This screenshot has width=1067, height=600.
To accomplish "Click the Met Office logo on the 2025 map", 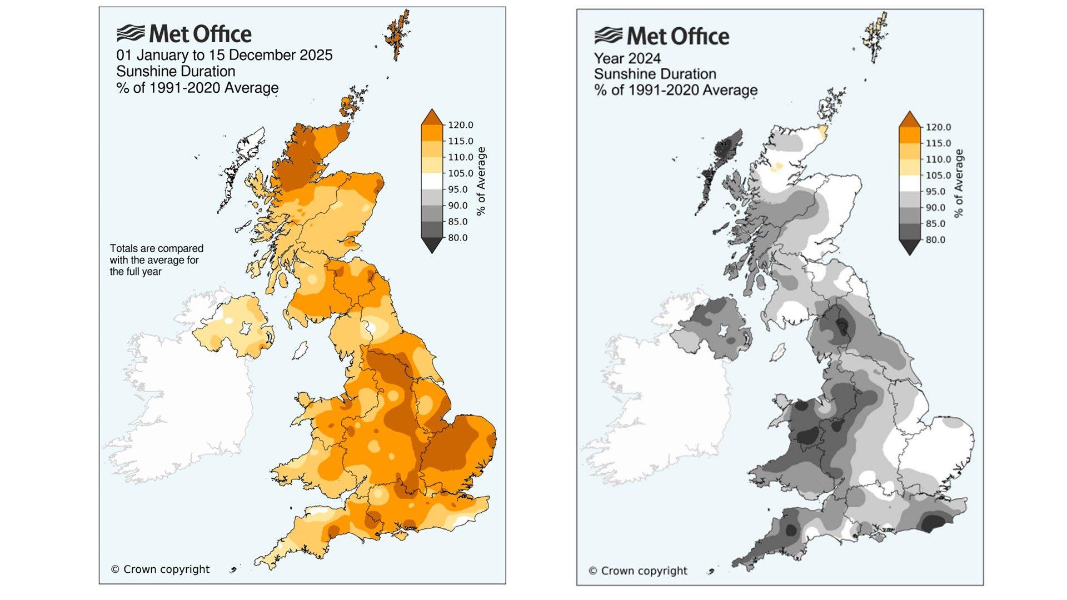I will pyautogui.click(x=183, y=34).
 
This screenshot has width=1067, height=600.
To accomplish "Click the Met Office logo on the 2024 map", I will pyautogui.click(x=661, y=37).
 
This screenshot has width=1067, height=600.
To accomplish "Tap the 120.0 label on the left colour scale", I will pyautogui.click(x=460, y=125).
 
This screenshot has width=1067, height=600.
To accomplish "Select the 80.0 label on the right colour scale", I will pyautogui.click(x=938, y=240).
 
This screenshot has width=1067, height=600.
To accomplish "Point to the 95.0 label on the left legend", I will pyautogui.click(x=458, y=189).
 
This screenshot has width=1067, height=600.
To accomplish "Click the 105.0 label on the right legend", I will pyautogui.click(x=938, y=176).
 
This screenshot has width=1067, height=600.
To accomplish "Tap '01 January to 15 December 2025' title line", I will pyautogui.click(x=224, y=55).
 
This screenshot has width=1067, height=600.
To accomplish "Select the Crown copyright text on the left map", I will pyautogui.click(x=160, y=569).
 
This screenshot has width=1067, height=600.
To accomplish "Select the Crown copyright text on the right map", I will pyautogui.click(x=637, y=571).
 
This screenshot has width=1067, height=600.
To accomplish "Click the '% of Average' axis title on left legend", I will pyautogui.click(x=481, y=181).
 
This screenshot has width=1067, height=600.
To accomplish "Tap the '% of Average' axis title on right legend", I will pyautogui.click(x=959, y=183).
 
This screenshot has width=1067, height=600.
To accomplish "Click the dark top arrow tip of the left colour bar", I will pyautogui.click(x=432, y=115).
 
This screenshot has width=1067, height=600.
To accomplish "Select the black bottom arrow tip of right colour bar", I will pyautogui.click(x=909, y=249).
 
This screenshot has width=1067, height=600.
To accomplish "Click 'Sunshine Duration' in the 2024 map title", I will pyautogui.click(x=655, y=74).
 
